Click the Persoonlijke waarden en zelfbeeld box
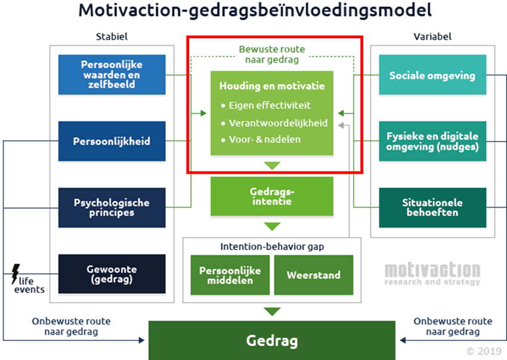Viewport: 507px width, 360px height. coord(112,75)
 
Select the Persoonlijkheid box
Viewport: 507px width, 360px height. coord(112,141)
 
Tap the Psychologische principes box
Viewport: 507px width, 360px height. coord(112,208)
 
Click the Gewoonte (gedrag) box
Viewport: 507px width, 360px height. coord(112,274)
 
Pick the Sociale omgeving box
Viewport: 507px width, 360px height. coord(432,75)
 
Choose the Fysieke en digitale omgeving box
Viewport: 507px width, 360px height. coord(432,141)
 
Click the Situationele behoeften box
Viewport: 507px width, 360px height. coord(432,208)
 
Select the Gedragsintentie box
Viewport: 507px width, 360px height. coord(271,196)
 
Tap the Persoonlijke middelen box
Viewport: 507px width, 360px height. coord(230,275)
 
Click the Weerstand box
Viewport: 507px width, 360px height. coord(314,275)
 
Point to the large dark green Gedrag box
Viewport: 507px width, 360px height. coord(271,340)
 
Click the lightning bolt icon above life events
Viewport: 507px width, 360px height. coord(16,273)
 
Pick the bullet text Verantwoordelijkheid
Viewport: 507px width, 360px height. coord(278,122)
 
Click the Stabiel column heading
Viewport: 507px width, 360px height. coord(112,36)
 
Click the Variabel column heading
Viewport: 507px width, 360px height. coord(432,36)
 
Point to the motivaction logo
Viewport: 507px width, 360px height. coord(432,273)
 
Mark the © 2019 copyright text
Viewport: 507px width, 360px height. coord(484,351)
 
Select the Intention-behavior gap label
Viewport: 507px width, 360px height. coord(271,245)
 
